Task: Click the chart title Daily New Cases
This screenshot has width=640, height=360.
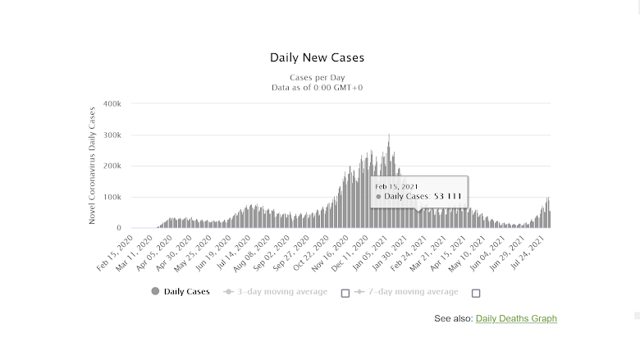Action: click(317, 58)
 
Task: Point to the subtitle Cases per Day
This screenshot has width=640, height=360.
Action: click(317, 77)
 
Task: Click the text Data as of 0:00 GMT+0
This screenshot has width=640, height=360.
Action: click(317, 86)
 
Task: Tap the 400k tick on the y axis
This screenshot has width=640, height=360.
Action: click(112, 104)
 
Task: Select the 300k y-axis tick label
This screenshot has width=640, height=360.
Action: click(112, 135)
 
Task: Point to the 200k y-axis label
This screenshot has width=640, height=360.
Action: click(112, 166)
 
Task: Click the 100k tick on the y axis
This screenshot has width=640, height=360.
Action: click(112, 198)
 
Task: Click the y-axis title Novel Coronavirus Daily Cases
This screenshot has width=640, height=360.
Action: click(93, 165)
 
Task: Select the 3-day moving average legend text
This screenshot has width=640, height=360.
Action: click(282, 291)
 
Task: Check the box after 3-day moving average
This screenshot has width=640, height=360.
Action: click(345, 293)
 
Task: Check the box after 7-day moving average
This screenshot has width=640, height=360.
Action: click(476, 293)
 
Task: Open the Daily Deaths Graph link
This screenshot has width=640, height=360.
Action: click(516, 318)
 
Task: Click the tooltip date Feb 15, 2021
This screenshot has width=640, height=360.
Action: click(396, 187)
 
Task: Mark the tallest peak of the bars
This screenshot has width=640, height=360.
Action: click(389, 136)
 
